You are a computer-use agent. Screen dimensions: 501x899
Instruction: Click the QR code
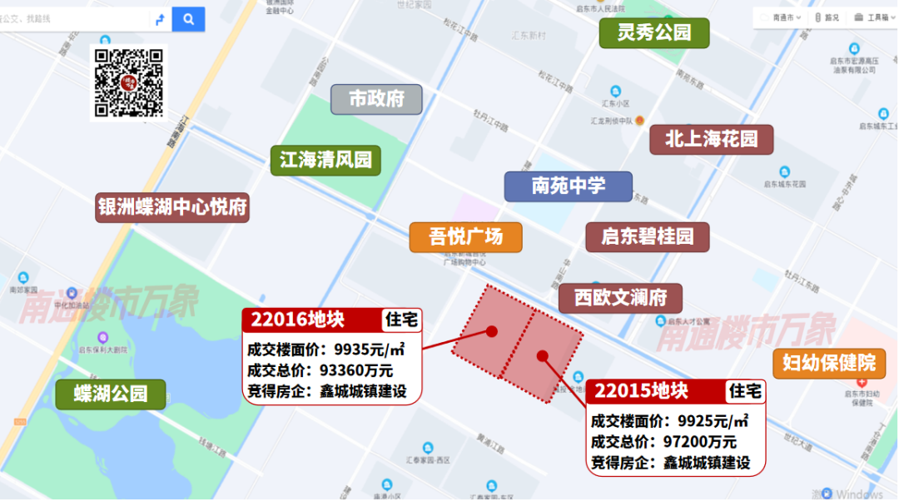tap(128, 82)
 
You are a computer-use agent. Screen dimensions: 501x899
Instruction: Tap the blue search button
tap(189, 19)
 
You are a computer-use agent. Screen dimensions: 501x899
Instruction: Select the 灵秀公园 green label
tap(654, 33)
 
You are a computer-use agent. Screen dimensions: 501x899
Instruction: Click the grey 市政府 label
tap(376, 99)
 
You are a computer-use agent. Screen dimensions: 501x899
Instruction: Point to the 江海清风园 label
tap(325, 160)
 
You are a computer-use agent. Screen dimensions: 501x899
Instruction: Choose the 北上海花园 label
tap(712, 139)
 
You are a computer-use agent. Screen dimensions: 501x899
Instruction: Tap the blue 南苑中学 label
tap(569, 186)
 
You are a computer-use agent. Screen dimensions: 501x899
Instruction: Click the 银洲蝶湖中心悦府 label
tap(173, 207)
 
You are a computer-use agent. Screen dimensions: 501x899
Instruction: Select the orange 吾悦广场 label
tap(466, 237)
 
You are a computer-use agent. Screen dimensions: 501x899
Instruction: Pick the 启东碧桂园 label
tap(648, 237)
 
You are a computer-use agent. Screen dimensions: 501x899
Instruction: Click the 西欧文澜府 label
tap(619, 298)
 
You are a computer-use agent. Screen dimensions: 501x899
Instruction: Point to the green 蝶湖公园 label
tap(111, 394)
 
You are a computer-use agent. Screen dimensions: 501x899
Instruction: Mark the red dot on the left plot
tap(492, 331)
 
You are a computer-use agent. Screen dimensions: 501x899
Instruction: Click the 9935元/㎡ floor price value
tap(370, 349)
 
